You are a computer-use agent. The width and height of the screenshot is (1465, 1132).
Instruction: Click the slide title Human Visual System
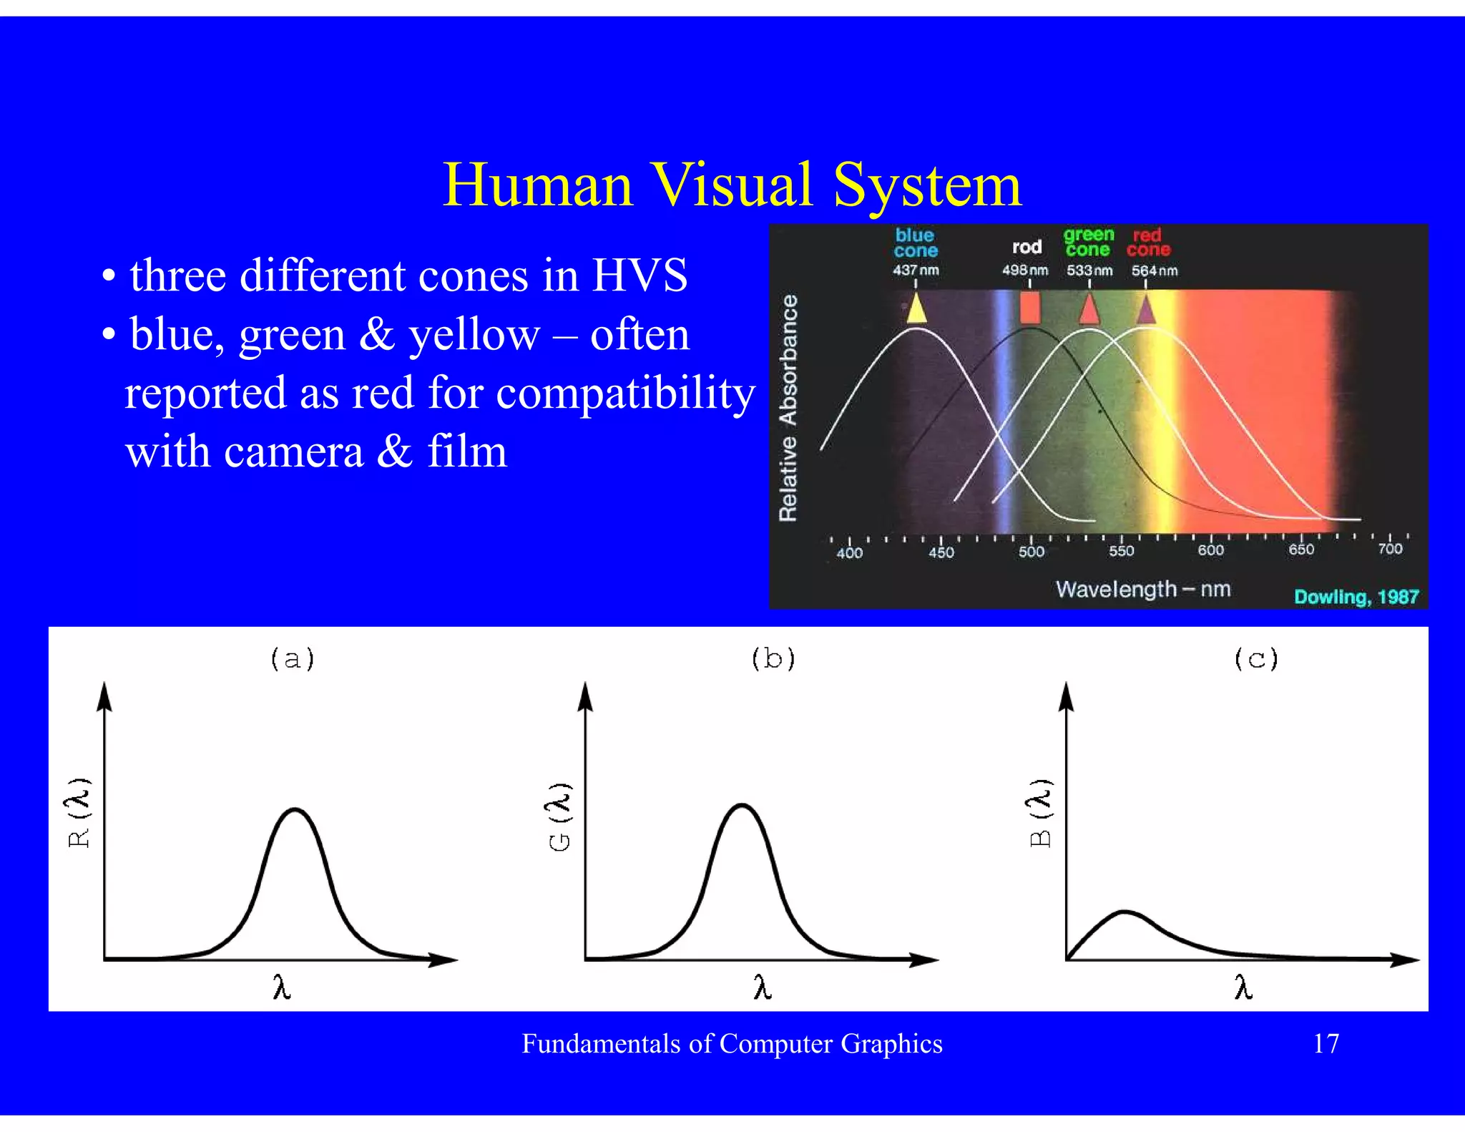tap(732, 185)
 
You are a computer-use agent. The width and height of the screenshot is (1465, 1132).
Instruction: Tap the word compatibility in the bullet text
tap(625, 394)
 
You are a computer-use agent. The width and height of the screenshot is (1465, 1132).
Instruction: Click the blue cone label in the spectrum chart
tap(915, 243)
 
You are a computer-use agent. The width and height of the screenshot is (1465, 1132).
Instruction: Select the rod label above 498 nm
tap(1027, 248)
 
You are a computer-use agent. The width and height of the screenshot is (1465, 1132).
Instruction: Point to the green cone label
tap(1088, 242)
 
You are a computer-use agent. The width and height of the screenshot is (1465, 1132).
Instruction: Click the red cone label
tap(1148, 242)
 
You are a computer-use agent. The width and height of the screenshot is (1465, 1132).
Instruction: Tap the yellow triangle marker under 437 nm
tap(916, 309)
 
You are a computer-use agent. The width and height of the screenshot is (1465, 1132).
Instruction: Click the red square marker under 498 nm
tap(1029, 308)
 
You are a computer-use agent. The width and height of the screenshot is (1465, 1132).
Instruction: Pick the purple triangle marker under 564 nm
tap(1146, 310)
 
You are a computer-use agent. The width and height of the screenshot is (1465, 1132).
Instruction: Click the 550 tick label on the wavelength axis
tap(1121, 551)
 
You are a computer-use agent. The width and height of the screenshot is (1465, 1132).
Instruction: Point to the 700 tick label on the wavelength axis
tap(1390, 549)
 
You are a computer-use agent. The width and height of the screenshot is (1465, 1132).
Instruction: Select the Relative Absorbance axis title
tap(788, 408)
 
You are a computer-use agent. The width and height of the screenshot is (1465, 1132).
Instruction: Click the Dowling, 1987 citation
tap(1356, 597)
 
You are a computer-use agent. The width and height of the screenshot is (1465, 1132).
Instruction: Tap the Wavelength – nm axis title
tap(1143, 590)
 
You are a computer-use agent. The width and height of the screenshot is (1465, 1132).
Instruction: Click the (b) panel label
tap(773, 658)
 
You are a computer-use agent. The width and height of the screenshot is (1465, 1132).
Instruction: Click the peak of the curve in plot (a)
tap(295, 809)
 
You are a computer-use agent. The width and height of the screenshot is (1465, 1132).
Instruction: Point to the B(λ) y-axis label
tap(1041, 813)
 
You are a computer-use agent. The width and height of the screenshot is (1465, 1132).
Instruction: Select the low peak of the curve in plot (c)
tap(1125, 912)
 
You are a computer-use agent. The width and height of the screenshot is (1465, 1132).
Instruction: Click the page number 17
tap(1326, 1044)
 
